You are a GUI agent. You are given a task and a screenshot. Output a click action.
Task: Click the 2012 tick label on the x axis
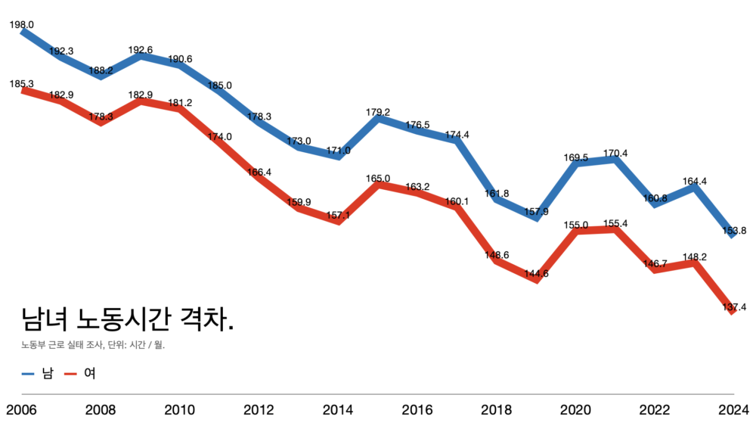pos(259,410)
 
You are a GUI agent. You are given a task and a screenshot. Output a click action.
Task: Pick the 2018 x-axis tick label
pos(497,410)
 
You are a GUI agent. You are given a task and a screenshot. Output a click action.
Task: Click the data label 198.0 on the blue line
pos(21,25)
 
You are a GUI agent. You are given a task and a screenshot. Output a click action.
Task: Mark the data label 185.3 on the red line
pos(21,84)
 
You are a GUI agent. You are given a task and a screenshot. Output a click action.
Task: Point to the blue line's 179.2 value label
pos(378,112)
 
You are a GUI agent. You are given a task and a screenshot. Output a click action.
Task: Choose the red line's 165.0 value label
pos(378,179)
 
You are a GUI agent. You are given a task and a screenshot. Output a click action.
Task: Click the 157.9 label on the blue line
pos(536,211)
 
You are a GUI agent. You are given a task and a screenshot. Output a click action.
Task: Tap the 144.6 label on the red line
pos(536,273)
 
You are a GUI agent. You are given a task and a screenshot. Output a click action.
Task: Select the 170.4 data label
pos(615,154)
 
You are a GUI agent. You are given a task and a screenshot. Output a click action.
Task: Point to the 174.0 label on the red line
pos(219,137)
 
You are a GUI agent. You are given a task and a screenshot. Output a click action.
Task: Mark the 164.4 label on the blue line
pos(695,182)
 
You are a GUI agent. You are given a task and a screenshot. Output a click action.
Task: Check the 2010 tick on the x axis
pos(179,410)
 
